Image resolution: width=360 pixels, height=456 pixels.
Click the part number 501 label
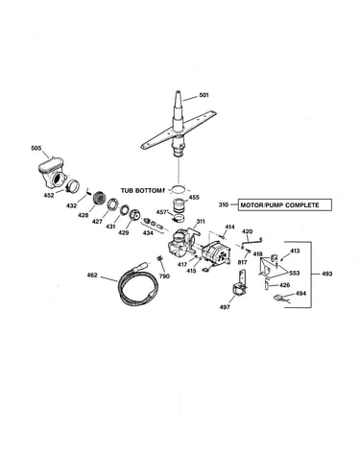coord(204,95)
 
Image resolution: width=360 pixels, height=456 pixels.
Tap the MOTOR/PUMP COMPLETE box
coord(285,204)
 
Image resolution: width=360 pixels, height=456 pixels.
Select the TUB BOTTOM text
coord(141,191)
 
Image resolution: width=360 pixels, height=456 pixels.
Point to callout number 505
coord(36,148)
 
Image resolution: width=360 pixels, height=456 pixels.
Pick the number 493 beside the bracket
coord(326,274)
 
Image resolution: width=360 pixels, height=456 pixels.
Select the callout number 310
coord(224,204)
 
